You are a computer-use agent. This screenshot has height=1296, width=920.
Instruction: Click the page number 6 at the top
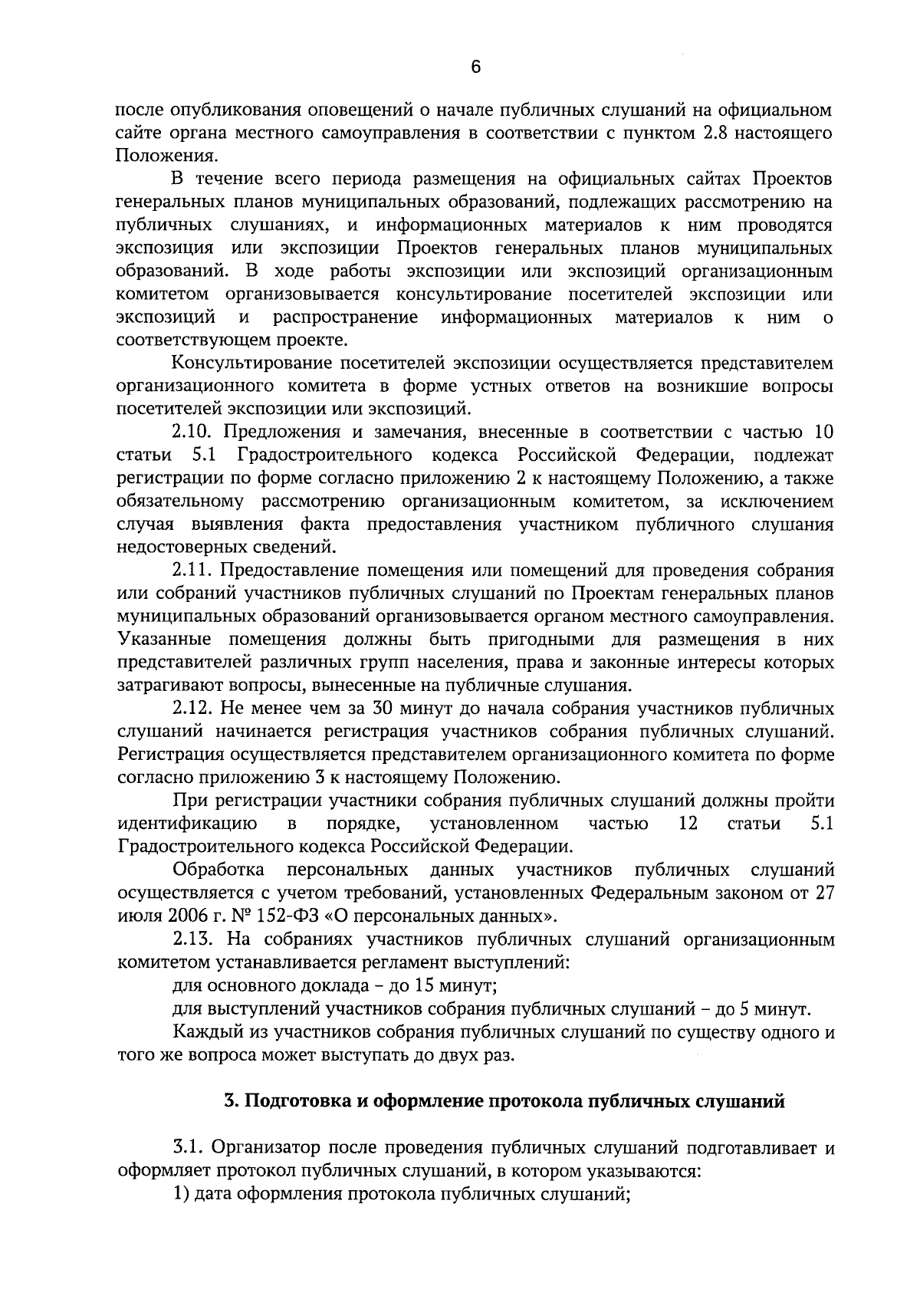pos(475,67)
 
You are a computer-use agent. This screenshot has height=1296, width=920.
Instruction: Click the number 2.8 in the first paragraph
pos(717,133)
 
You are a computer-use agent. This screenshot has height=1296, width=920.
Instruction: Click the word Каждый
pos(202,1031)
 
